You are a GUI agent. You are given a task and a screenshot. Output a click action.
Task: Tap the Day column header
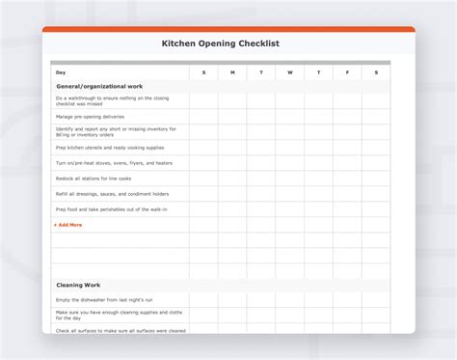point(61,72)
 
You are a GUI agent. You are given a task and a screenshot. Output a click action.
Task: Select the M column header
point(232,72)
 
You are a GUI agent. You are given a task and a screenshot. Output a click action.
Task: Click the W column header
point(290,72)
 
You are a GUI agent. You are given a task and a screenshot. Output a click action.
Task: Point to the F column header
point(347,72)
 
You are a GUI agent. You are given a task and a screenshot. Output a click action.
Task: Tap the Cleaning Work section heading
point(78,285)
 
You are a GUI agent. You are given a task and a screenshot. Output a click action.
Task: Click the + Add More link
point(69,225)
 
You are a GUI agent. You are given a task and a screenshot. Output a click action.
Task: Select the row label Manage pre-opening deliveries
point(90,116)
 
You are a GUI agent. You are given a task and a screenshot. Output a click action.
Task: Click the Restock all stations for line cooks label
point(94,179)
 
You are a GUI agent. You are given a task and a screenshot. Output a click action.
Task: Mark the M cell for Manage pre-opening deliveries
point(232,116)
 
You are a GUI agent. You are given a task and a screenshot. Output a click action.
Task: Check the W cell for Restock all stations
point(290,179)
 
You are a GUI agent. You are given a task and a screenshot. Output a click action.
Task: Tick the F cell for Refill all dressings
point(347,194)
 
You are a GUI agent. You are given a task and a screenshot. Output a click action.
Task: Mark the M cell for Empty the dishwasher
point(232,299)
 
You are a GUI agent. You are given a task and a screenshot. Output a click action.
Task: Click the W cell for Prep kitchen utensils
point(290,148)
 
